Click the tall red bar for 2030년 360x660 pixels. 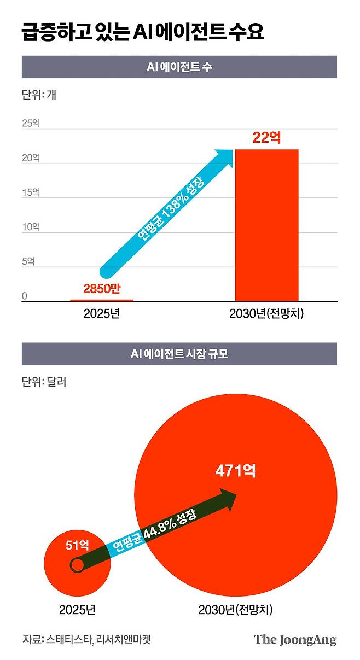click(x=267, y=225)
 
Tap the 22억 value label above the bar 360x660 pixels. click(x=267, y=137)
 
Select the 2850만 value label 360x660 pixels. click(x=102, y=288)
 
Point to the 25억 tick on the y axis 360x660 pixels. click(x=31, y=124)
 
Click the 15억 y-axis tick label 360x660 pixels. click(x=31, y=192)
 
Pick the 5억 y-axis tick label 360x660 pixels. click(x=28, y=261)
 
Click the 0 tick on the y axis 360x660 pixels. click(x=25, y=296)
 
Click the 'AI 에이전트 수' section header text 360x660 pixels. click(x=179, y=67)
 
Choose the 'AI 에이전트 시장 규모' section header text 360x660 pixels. click(x=179, y=354)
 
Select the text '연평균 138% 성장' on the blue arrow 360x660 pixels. click(x=171, y=209)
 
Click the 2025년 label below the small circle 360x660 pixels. click(x=77, y=609)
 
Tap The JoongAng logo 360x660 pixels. click(x=295, y=640)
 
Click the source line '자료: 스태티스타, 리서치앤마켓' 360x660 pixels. click(x=86, y=639)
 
